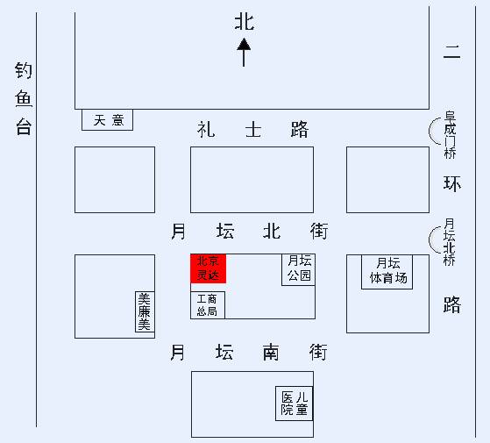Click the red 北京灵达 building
click(208, 268)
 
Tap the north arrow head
click(244, 44)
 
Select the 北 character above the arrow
click(245, 22)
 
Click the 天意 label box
click(107, 120)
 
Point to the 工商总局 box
click(208, 305)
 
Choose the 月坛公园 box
click(298, 269)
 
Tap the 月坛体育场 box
click(387, 272)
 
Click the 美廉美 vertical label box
click(145, 311)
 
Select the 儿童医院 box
click(294, 404)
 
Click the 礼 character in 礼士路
click(206, 130)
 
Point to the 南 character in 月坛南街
click(271, 353)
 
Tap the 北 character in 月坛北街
click(271, 232)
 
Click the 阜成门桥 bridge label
click(450, 135)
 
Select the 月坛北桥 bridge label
click(450, 242)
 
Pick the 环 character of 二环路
click(452, 183)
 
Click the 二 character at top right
click(452, 52)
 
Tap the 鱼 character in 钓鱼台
click(24, 98)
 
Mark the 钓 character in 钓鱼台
click(24, 70)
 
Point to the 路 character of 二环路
click(452, 304)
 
